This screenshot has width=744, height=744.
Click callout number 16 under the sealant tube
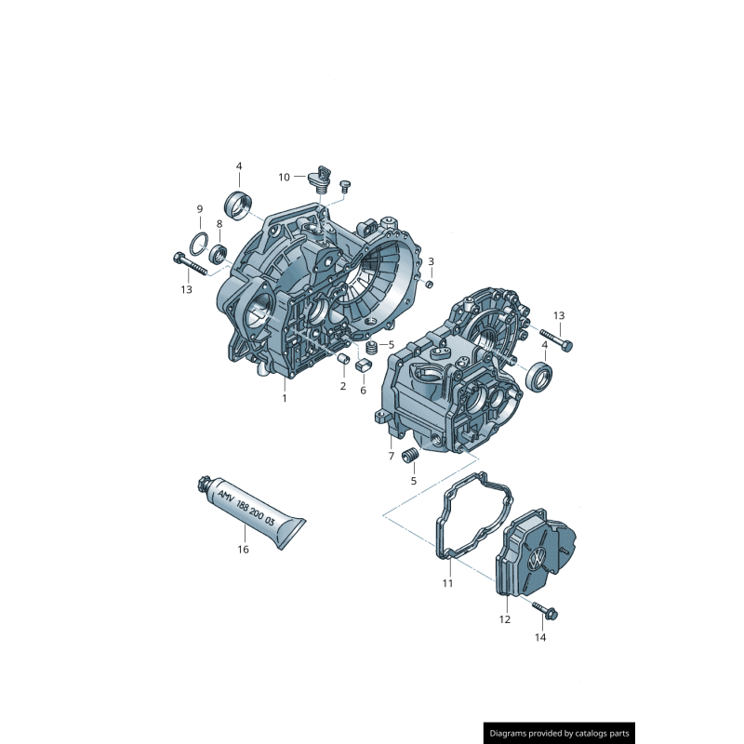pyautogui.click(x=243, y=550)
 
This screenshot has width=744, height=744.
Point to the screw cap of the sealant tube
pyautogui.click(x=202, y=485)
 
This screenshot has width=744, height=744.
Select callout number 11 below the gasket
pyautogui.click(x=447, y=583)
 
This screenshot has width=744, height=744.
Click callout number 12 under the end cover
pyautogui.click(x=505, y=618)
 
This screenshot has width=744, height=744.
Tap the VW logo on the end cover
pyautogui.click(x=538, y=560)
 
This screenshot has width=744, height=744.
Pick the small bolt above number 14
pyautogui.click(x=545, y=610)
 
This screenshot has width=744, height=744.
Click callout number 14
pyautogui.click(x=540, y=638)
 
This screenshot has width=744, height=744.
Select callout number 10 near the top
pyautogui.click(x=285, y=177)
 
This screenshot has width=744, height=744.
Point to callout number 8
pyautogui.click(x=219, y=224)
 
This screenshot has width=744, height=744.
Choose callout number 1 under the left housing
pyautogui.click(x=285, y=398)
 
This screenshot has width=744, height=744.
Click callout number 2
pyautogui.click(x=342, y=385)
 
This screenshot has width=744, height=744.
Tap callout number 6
pyautogui.click(x=363, y=390)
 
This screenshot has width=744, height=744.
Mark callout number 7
pyautogui.click(x=392, y=456)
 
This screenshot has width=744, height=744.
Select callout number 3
pyautogui.click(x=431, y=261)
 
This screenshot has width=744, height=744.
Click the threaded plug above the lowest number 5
pyautogui.click(x=409, y=457)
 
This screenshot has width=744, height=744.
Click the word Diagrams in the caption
pyautogui.click(x=513, y=733)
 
